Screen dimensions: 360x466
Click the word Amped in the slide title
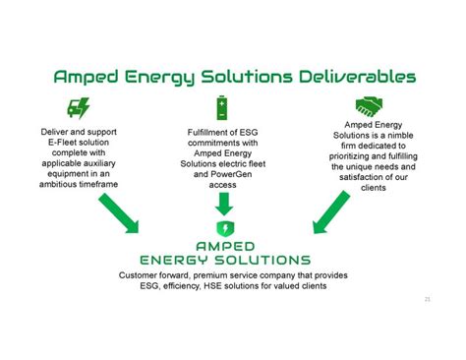coord(87,76)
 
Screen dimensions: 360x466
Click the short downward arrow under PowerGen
coord(224,203)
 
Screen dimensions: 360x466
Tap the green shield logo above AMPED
coord(225,228)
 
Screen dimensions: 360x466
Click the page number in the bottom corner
coord(427,298)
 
